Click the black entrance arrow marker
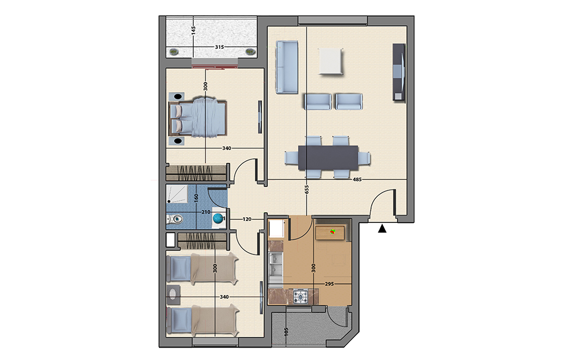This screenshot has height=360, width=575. coord(382,229)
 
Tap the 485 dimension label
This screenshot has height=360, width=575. coord(357,180)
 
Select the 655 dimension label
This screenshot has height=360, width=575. coord(307,189)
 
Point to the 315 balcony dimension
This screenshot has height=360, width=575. coord(220,47)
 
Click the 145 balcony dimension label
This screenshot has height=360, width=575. coord(193,30)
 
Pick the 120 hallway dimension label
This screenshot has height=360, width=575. coord(247,219)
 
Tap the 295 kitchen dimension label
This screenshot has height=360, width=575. coord(329,284)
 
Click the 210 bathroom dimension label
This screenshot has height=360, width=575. coord(206,212)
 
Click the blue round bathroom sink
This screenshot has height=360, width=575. coord(218,218)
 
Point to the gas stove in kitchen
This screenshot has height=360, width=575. coord(300,297)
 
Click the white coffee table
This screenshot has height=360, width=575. coord(331,61)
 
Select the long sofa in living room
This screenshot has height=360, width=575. coord(287,67)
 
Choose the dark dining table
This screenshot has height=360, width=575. coord(328,158)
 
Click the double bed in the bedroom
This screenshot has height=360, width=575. coord(198,117)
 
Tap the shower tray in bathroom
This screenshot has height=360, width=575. coord(177,194)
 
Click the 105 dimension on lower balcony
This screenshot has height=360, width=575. coord(286,332)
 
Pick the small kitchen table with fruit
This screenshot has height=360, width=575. coord(330,233)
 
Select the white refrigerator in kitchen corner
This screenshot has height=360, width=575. coord(276,229)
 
